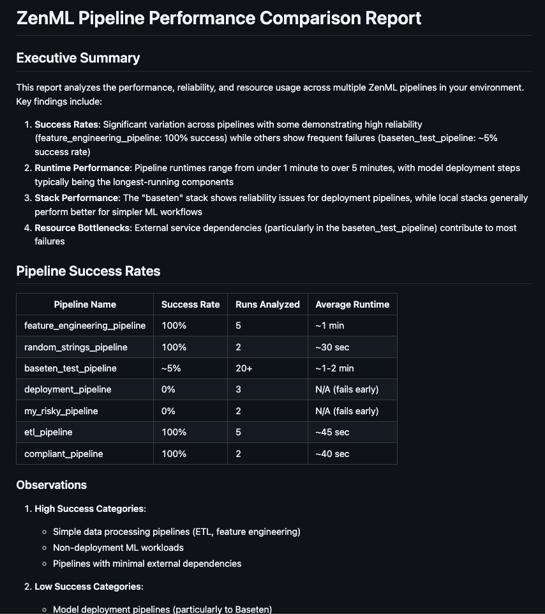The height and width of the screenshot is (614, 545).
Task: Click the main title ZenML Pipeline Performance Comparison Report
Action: click(219, 18)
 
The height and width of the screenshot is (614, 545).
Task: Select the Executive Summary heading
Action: click(78, 58)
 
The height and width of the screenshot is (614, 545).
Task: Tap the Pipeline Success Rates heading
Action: click(88, 271)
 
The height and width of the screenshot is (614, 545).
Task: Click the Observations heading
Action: click(52, 485)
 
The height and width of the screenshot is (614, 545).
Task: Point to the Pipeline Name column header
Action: click(85, 304)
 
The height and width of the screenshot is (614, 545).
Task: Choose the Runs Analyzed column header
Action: click(267, 304)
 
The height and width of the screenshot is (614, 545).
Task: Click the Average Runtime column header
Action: click(352, 304)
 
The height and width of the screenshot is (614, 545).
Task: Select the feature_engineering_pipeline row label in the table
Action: click(85, 326)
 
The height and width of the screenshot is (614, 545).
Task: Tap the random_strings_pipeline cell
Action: click(76, 347)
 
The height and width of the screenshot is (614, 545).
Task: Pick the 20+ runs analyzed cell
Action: click(244, 368)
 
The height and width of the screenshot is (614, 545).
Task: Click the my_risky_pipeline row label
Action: click(61, 411)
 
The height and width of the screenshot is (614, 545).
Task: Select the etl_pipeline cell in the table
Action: click(49, 432)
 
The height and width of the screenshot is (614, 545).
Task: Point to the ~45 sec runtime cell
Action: click(332, 432)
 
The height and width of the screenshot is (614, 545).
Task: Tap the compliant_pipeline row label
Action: click(64, 454)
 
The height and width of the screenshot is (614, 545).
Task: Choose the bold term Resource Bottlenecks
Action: click(82, 228)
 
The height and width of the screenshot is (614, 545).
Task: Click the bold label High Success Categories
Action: click(89, 509)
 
